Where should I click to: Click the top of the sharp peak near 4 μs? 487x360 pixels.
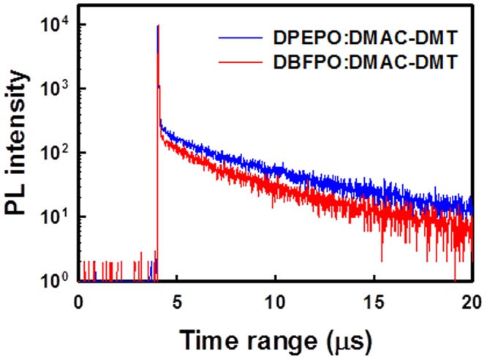(158, 26)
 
